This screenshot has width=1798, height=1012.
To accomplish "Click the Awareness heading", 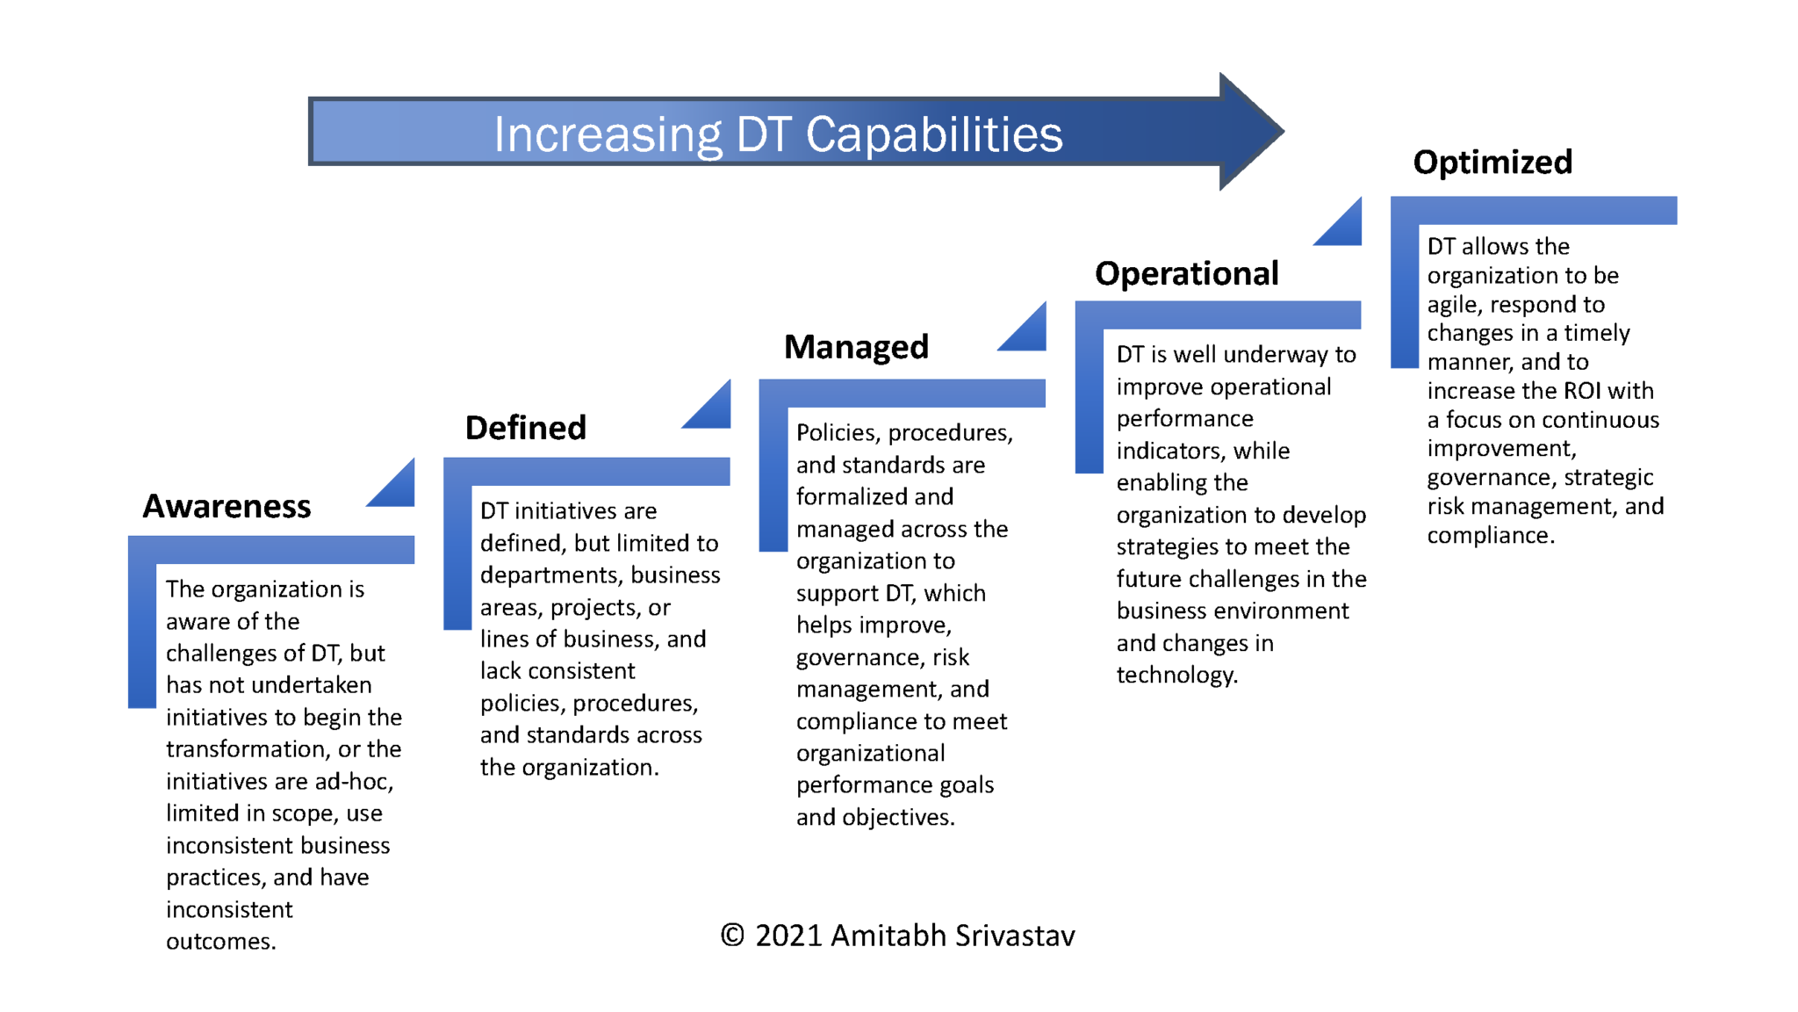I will [227, 507].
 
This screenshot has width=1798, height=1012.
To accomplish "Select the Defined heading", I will [525, 429].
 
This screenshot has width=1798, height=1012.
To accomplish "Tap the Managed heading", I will [856, 347].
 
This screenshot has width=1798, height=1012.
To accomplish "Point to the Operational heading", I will [1186, 274].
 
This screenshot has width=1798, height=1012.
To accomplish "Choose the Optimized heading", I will [1492, 163].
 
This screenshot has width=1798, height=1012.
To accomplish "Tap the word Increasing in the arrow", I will [608, 135].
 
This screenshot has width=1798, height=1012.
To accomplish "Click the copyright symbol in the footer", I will [732, 936].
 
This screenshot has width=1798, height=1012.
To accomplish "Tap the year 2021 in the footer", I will [788, 936].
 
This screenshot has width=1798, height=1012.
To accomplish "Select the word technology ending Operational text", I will [1176, 675].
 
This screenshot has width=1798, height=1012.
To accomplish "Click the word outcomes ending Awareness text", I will [220, 941].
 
